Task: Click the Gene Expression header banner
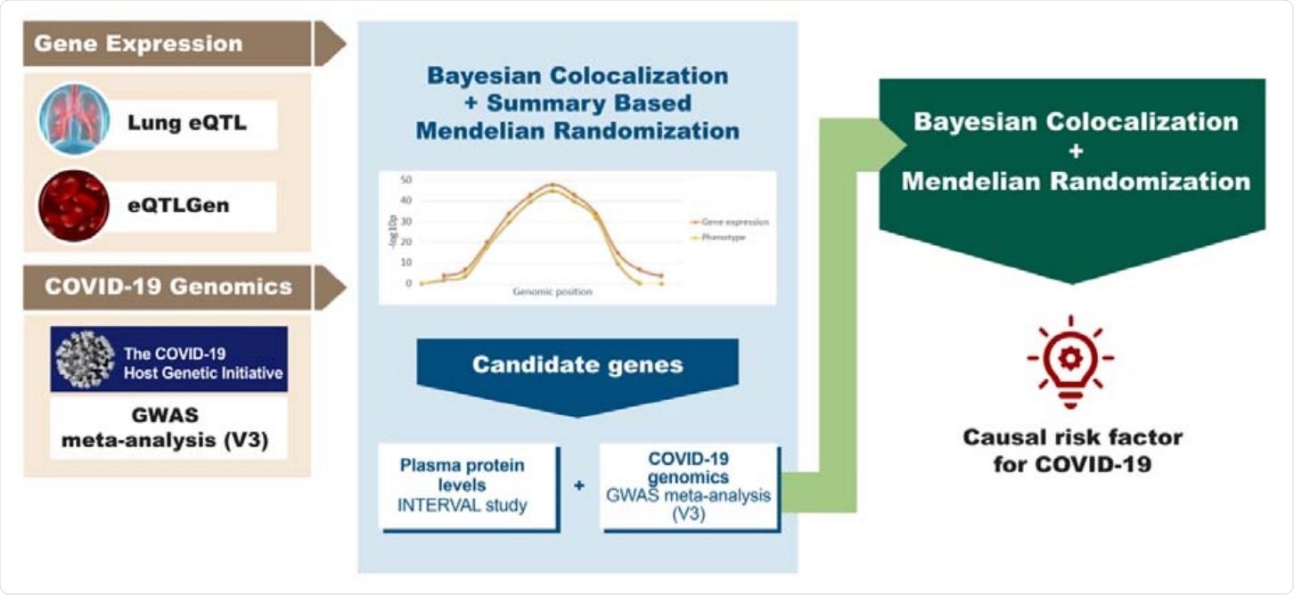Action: click(x=169, y=44)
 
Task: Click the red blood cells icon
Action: click(x=74, y=206)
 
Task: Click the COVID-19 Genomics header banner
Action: click(x=169, y=287)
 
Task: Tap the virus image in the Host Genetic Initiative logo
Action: click(x=85, y=358)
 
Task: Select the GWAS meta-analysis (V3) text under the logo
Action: click(x=169, y=428)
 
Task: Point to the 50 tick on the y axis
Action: click(x=405, y=179)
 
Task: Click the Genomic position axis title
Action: click(x=553, y=292)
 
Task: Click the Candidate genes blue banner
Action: click(x=578, y=365)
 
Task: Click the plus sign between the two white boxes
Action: click(x=579, y=487)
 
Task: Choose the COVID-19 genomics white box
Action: click(x=691, y=487)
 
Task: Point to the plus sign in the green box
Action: click(x=1075, y=151)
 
